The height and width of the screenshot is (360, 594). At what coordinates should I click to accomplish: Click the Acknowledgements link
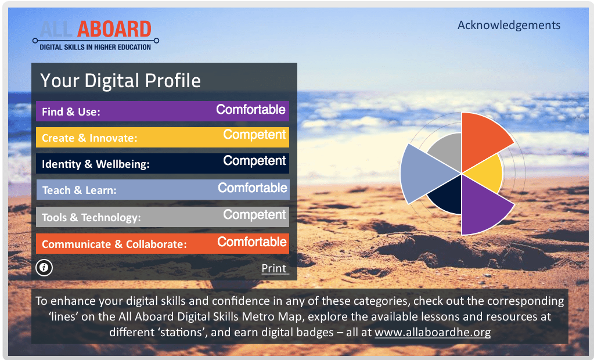[509, 26]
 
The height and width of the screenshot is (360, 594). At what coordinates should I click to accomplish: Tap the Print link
[274, 268]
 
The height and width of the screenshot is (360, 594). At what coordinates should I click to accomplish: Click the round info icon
[44, 268]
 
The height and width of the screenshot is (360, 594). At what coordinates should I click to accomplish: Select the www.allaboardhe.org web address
[433, 332]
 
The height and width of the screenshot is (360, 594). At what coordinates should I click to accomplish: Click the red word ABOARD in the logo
[114, 29]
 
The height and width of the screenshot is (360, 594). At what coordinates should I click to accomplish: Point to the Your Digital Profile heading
[120, 81]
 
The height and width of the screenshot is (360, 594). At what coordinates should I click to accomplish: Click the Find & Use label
[71, 112]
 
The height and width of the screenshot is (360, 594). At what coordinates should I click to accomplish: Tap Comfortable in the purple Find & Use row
[251, 110]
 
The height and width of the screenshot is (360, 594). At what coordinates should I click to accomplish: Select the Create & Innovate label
[89, 138]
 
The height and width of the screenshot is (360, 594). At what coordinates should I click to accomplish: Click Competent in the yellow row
[254, 135]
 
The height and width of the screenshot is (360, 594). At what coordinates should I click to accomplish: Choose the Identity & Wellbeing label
[95, 164]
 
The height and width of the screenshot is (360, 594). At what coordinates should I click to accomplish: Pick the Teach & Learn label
[79, 190]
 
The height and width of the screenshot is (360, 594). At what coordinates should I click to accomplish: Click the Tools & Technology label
[91, 218]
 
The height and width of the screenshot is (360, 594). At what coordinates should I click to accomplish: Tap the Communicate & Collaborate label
[114, 244]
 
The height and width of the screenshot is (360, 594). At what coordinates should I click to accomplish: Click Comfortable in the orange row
[252, 242]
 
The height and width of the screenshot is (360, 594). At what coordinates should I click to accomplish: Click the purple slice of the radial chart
[481, 207]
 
